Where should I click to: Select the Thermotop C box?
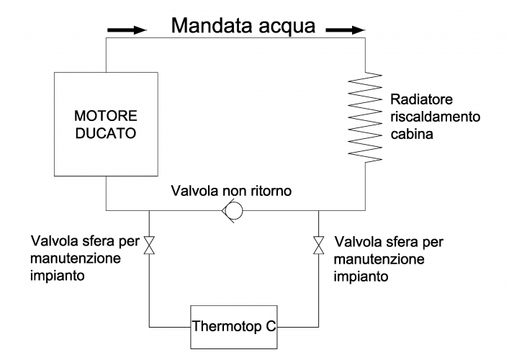point(234,326)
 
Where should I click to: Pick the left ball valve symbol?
point(148,246)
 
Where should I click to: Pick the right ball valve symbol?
point(318,246)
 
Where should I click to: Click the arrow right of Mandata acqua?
point(340,32)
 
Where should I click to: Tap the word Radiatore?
point(415,100)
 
